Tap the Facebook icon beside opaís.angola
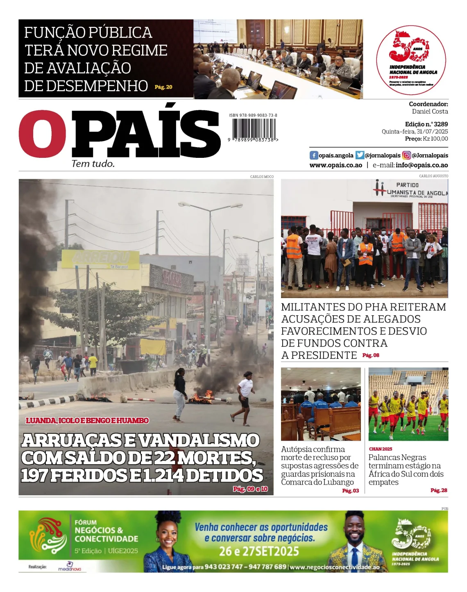click(x=314, y=155)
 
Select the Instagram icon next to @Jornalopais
click(x=406, y=155)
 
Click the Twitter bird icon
click(x=360, y=155)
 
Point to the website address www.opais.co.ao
click(x=336, y=165)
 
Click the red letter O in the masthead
click(x=42, y=134)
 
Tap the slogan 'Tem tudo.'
click(x=93, y=164)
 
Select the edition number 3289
click(x=440, y=124)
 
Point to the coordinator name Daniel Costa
click(x=430, y=112)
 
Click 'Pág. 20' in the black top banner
click(x=163, y=87)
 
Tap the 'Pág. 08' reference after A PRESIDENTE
click(x=371, y=355)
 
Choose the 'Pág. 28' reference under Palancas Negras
click(x=438, y=490)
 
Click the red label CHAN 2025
click(x=381, y=449)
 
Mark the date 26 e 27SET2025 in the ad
click(x=259, y=551)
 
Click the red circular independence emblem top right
click(x=411, y=60)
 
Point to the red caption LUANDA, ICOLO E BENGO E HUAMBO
click(x=87, y=421)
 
